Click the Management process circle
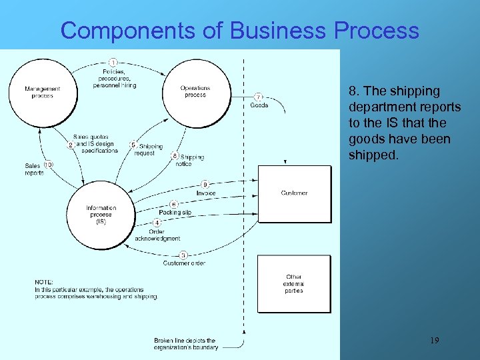pyautogui.click(x=42, y=92)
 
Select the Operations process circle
pyautogui.click(x=195, y=91)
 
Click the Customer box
pyautogui.click(x=294, y=193)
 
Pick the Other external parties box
pyautogui.click(x=293, y=283)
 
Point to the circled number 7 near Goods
pyautogui.click(x=259, y=96)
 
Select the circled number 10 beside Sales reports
pyautogui.click(x=49, y=165)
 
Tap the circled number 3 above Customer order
pyautogui.click(x=183, y=254)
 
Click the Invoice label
pyautogui.click(x=206, y=193)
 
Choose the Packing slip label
pyautogui.click(x=175, y=212)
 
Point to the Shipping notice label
pyautogui.click(x=192, y=161)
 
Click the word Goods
pyautogui.click(x=259, y=105)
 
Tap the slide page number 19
pyautogui.click(x=434, y=341)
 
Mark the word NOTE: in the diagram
pyautogui.click(x=44, y=282)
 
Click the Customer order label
pyautogui.click(x=184, y=263)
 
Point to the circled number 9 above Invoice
pyautogui.click(x=205, y=184)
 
